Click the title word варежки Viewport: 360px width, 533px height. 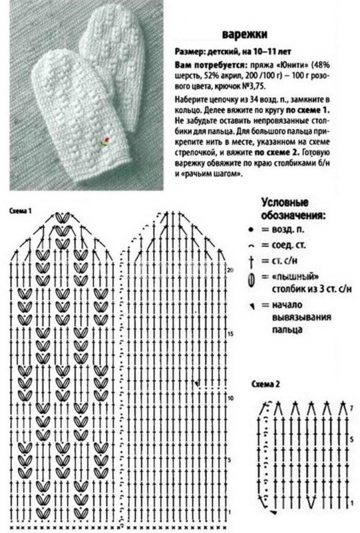coord(245,34)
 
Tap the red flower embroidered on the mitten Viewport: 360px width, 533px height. coord(107,139)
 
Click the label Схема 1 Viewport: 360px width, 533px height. coord(20,211)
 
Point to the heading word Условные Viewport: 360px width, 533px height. coord(284,203)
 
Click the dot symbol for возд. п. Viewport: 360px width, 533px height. coord(250,230)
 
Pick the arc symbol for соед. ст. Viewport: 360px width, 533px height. coord(251,246)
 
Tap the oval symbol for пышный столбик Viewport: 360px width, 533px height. coord(251,279)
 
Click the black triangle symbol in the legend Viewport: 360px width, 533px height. coord(252,306)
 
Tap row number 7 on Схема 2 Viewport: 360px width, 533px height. coord(351,409)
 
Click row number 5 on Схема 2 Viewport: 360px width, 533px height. coord(351,439)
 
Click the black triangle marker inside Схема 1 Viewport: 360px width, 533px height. coord(197,384)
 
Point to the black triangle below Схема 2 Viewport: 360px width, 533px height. coord(274,512)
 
